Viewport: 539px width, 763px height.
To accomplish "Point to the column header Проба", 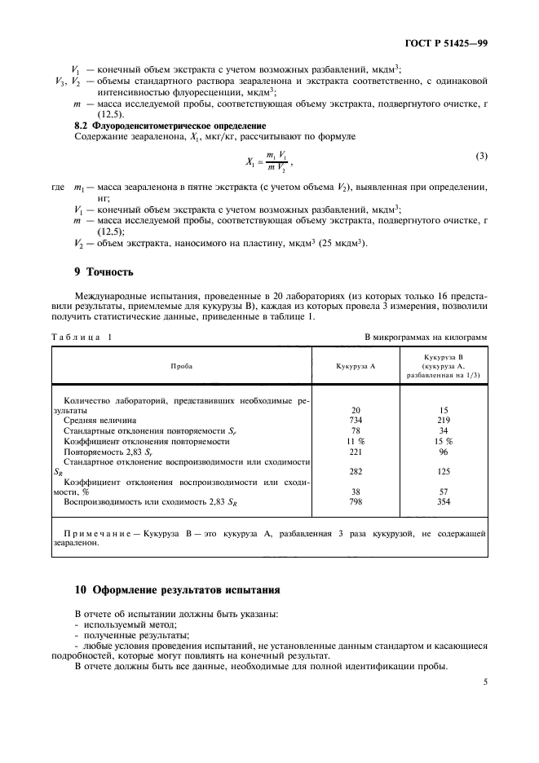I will [182, 367].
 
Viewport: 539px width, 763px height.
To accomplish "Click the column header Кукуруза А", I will [355, 367].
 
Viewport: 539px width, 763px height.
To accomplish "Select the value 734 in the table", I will [356, 421].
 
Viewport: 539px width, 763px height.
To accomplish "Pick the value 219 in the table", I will [444, 421].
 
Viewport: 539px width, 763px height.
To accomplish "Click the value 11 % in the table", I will [356, 441].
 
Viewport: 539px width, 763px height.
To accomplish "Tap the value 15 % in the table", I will [444, 441].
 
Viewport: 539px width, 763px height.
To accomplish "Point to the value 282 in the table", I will [356, 470].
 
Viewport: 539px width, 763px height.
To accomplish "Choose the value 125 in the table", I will [444, 470].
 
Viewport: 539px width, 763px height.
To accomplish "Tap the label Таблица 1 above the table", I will [82, 336].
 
